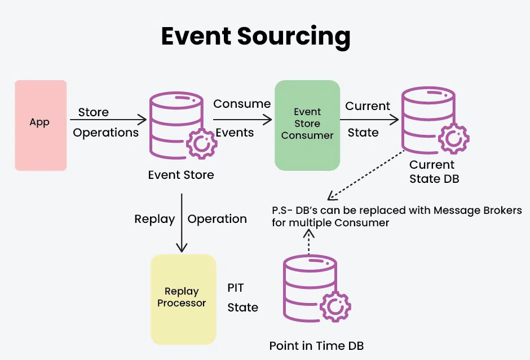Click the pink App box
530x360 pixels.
pyautogui.click(x=41, y=125)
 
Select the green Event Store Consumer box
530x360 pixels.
pyautogui.click(x=307, y=125)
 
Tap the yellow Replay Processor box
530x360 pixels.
pyautogui.click(x=183, y=299)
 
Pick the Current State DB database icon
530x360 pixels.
pyautogui.click(x=429, y=120)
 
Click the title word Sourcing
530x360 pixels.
pyautogui.click(x=294, y=37)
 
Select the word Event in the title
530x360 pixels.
pyautogui.click(x=196, y=37)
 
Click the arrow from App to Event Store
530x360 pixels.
pyautogui.click(x=108, y=120)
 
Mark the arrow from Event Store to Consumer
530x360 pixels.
pyautogui.click(x=242, y=120)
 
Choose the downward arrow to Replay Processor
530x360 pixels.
pyautogui.click(x=182, y=223)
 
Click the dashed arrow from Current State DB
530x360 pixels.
pyautogui.click(x=366, y=174)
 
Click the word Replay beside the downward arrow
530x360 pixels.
pyautogui.click(x=154, y=219)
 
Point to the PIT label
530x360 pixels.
pyautogui.click(x=236, y=288)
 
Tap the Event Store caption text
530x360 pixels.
pyautogui.click(x=181, y=175)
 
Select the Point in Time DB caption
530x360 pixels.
pyautogui.click(x=320, y=345)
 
